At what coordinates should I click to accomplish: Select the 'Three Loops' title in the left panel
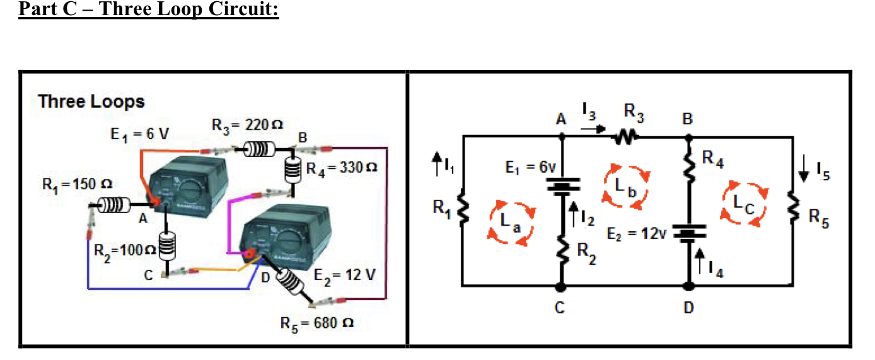tap(91, 102)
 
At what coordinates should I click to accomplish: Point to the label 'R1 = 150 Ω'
tap(77, 185)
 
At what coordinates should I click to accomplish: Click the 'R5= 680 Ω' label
tap(316, 322)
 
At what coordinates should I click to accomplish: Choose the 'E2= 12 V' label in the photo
tap(345, 275)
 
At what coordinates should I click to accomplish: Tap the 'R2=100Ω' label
tap(122, 250)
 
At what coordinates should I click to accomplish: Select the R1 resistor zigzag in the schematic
tap(463, 209)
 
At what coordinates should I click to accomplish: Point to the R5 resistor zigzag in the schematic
tap(792, 209)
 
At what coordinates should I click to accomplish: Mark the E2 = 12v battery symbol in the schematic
tap(689, 233)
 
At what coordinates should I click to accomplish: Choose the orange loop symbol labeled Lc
tap(745, 203)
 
